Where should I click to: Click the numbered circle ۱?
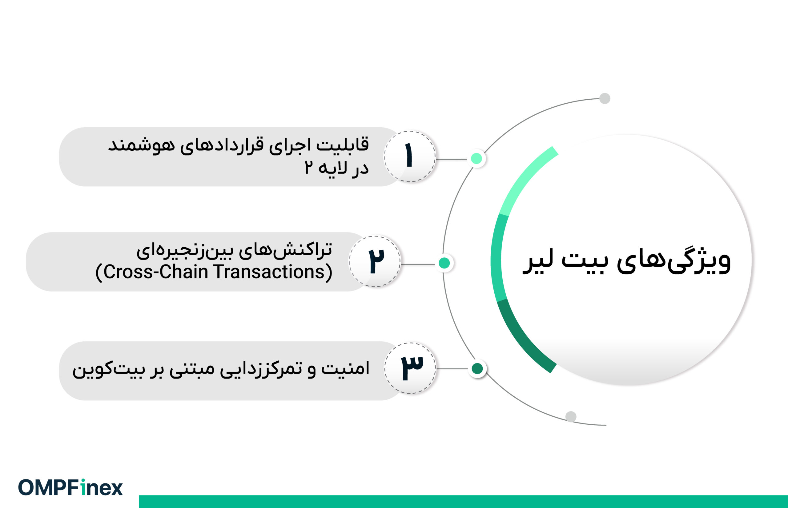[410, 156]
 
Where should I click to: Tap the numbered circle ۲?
[375, 261]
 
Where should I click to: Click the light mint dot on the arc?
[476, 159]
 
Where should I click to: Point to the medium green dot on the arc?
[444, 263]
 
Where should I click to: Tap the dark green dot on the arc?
[477, 368]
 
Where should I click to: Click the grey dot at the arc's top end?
[605, 98]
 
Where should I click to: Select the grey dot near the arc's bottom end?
[571, 417]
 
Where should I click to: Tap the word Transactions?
[269, 272]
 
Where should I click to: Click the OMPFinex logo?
[70, 487]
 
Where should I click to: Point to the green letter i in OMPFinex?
[83, 487]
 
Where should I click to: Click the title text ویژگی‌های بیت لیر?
[627, 260]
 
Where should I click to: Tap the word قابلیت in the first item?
[343, 145]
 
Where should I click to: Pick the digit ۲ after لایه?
[308, 167]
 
